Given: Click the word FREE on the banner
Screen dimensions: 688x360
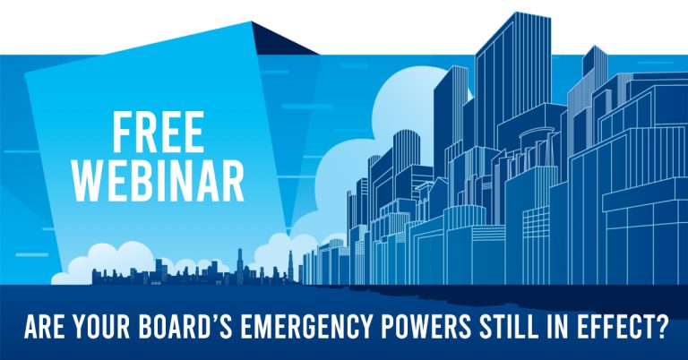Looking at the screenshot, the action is click(x=159, y=132).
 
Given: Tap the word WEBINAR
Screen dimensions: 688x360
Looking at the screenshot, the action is click(x=159, y=181).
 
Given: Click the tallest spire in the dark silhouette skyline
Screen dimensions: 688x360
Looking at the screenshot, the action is click(x=239, y=263).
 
